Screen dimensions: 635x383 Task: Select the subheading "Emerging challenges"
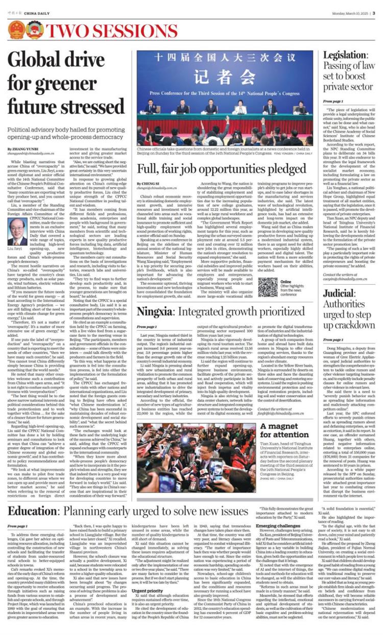[x=278, y=525]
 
